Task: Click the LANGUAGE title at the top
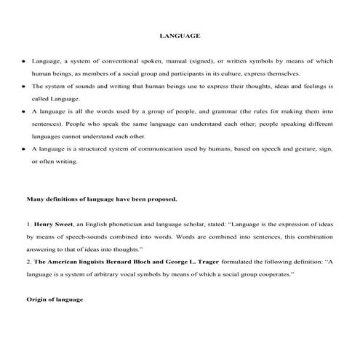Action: pos(180,34)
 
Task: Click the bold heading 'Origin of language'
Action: pos(55,300)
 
